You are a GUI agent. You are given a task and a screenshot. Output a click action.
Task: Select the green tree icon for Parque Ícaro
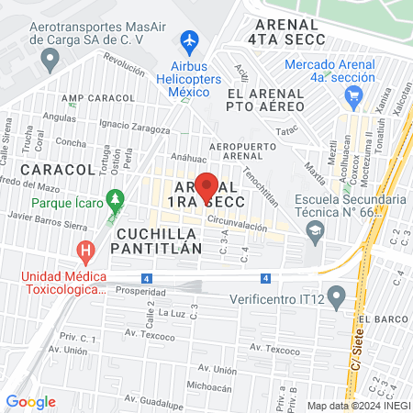(x=114, y=197)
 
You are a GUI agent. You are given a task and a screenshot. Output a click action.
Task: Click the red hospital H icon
(x=86, y=249)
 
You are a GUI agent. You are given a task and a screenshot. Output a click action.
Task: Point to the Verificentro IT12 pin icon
(x=336, y=296)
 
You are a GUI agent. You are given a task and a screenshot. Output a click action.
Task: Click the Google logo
(x=31, y=401)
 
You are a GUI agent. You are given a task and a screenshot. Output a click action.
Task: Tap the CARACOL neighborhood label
(x=58, y=170)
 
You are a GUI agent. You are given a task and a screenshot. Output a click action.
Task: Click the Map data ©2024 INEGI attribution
(x=359, y=405)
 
